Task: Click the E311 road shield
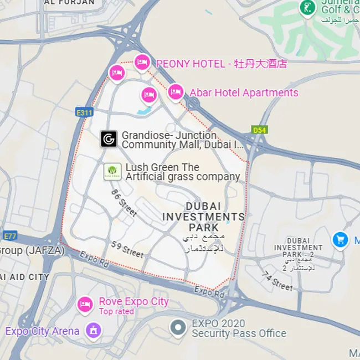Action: [84, 112]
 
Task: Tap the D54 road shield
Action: [259, 130]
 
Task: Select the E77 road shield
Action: [10, 236]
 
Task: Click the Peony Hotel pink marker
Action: [142, 63]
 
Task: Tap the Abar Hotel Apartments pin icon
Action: [176, 91]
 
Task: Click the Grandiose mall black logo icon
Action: [109, 139]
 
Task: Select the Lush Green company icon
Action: [112, 171]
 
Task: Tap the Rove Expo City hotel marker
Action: [85, 304]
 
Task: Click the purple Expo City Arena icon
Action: [94, 331]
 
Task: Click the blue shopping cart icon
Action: [340, 240]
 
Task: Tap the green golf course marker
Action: [306, 8]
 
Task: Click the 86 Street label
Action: [124, 203]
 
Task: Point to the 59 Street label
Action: [127, 250]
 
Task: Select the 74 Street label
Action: [277, 281]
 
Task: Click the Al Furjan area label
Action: [69, 3]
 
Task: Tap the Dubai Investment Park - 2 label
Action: [299, 248]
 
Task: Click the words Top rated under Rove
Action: [116, 312]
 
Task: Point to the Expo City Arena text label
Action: [43, 331]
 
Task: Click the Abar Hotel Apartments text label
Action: [244, 92]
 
